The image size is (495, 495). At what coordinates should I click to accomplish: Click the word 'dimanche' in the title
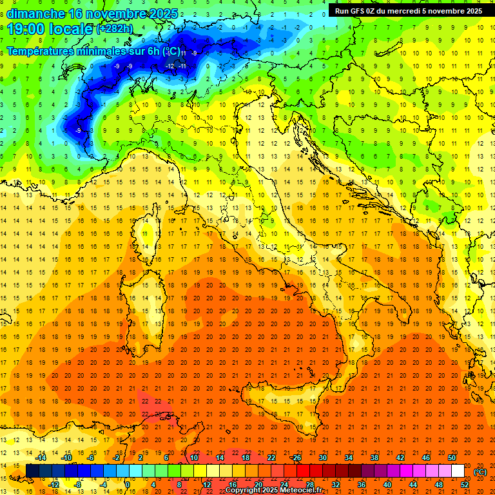coord(35,14)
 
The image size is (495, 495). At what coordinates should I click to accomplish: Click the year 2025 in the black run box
coord(469,10)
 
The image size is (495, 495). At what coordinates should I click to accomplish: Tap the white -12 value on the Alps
coord(170,66)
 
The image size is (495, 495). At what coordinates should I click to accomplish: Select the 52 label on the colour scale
coord(465,484)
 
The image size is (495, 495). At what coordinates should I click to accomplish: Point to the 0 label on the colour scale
coord(127,484)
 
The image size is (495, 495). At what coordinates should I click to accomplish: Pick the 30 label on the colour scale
coord(323,458)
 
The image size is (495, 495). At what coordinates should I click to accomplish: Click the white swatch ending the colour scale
coord(458,471)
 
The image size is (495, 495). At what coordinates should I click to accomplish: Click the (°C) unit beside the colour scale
coord(481,471)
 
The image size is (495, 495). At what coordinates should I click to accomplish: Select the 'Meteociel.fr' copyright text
coord(301,490)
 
